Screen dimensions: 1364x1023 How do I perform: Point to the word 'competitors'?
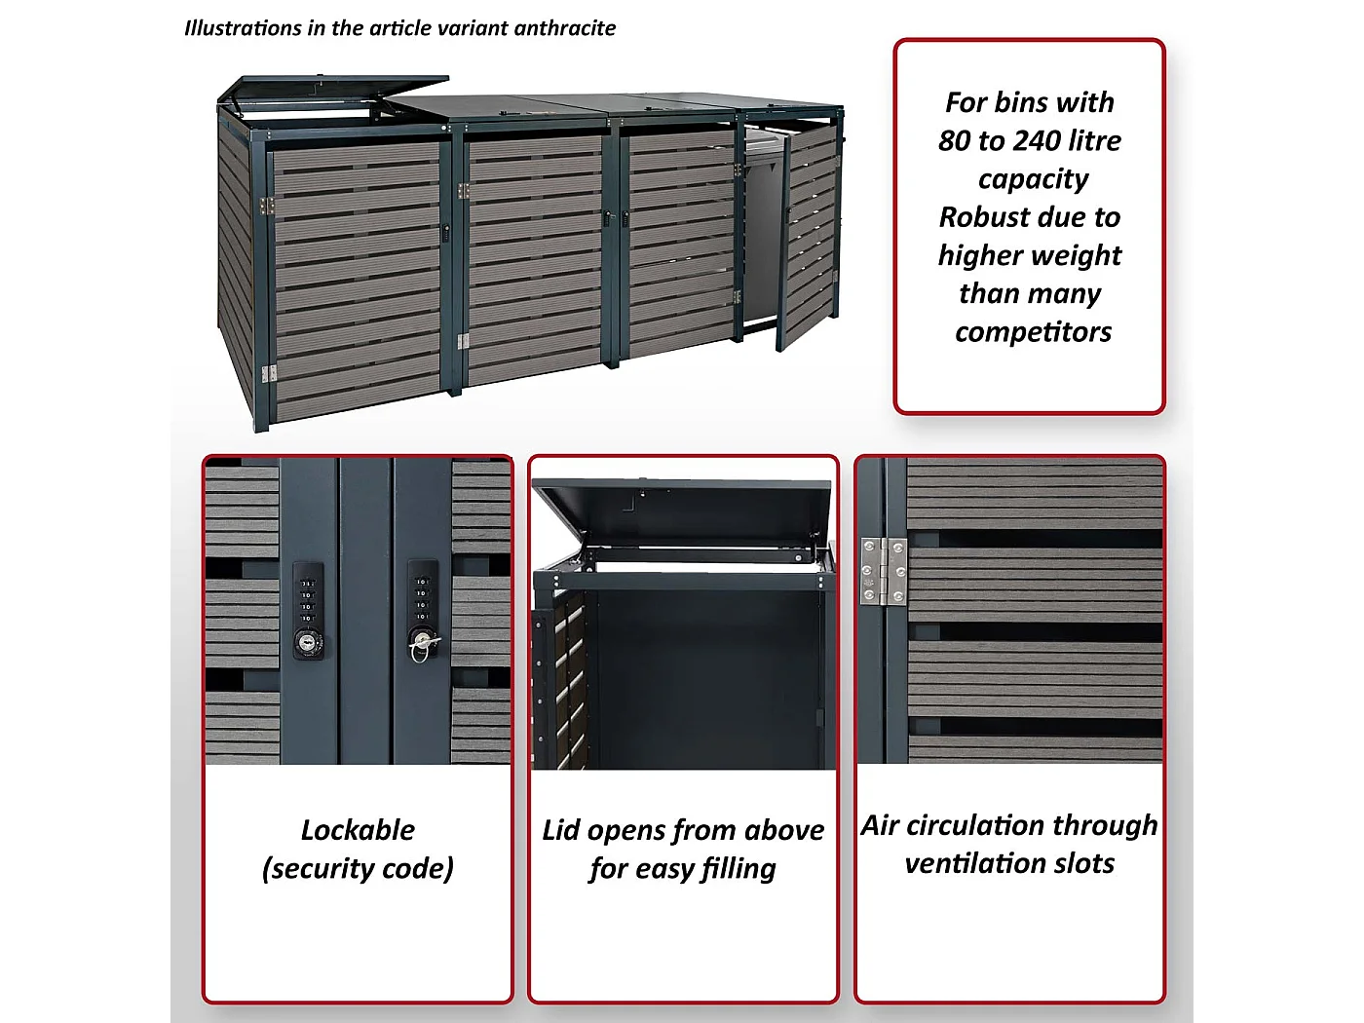(x=1034, y=332)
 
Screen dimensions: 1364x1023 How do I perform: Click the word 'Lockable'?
(x=358, y=830)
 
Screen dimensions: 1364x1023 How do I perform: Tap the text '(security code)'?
(x=358, y=868)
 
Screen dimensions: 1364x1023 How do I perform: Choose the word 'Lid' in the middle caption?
(x=561, y=830)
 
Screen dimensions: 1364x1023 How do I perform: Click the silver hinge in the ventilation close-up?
(x=884, y=572)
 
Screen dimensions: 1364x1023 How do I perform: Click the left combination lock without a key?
(x=308, y=610)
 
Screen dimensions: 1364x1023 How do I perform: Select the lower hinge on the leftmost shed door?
(x=269, y=373)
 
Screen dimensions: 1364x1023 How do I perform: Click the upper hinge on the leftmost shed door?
(x=267, y=206)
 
